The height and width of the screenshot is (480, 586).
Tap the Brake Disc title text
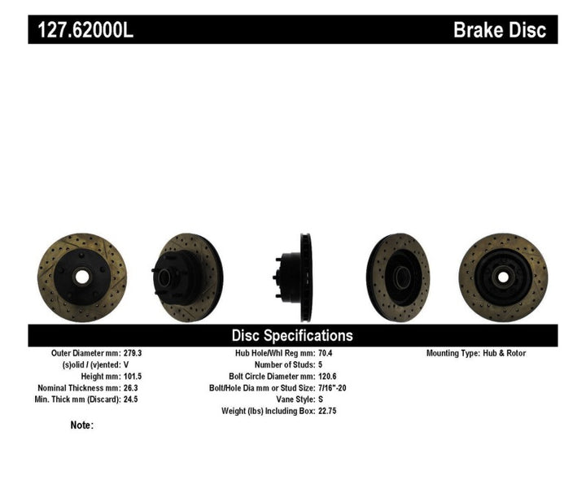[x=499, y=30]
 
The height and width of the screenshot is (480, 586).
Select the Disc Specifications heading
[x=292, y=335]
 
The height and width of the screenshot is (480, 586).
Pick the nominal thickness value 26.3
[x=132, y=388]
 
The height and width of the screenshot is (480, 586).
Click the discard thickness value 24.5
[x=132, y=399]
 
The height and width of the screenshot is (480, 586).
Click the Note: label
[x=82, y=425]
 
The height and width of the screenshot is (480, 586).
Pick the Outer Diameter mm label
[x=85, y=353]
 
